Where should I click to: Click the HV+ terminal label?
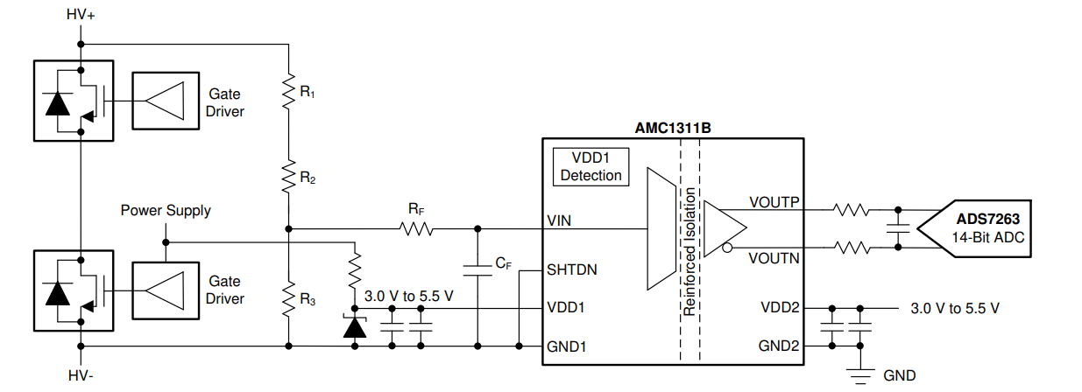pyautogui.click(x=81, y=15)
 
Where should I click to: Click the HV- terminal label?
pyautogui.click(x=80, y=375)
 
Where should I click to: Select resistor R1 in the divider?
pyautogui.click(x=288, y=89)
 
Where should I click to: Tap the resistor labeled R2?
pyautogui.click(x=288, y=176)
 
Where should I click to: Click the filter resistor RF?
pyautogui.click(x=416, y=229)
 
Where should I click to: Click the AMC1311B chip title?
pyautogui.click(x=672, y=128)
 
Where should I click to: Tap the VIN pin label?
pyautogui.click(x=558, y=220)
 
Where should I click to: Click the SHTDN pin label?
pyautogui.click(x=571, y=269)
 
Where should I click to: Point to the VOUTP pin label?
pyautogui.click(x=774, y=202)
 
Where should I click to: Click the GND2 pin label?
pyautogui.click(x=780, y=346)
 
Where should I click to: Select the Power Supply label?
pyautogui.click(x=166, y=211)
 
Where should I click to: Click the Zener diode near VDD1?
pyautogui.click(x=354, y=327)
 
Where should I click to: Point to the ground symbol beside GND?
pyautogui.click(x=860, y=376)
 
